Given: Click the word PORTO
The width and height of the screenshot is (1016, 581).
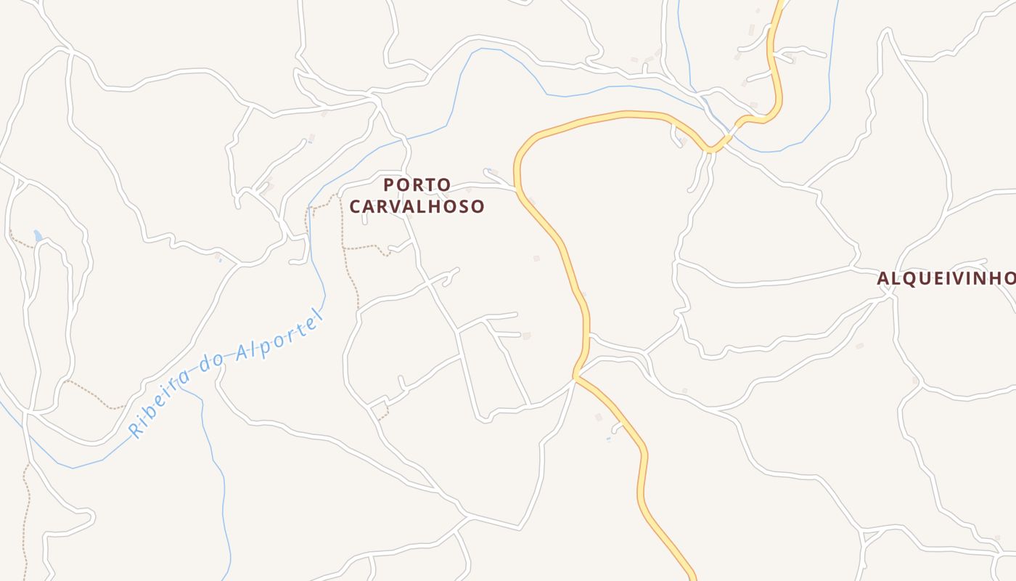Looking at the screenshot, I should tap(417, 184).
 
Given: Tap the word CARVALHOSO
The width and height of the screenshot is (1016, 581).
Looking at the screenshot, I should tap(417, 206).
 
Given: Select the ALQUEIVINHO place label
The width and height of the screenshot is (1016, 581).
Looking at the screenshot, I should tap(946, 278).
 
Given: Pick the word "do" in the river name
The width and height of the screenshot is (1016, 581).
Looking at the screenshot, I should tap(212, 366).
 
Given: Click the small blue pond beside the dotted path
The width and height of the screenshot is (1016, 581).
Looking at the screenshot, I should tap(38, 235).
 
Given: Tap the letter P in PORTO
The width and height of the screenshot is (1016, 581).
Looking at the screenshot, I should tap(389, 184).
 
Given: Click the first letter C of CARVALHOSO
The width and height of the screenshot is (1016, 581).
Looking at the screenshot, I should tap(356, 206).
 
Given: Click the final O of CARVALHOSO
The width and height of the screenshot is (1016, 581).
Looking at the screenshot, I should tap(478, 206).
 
